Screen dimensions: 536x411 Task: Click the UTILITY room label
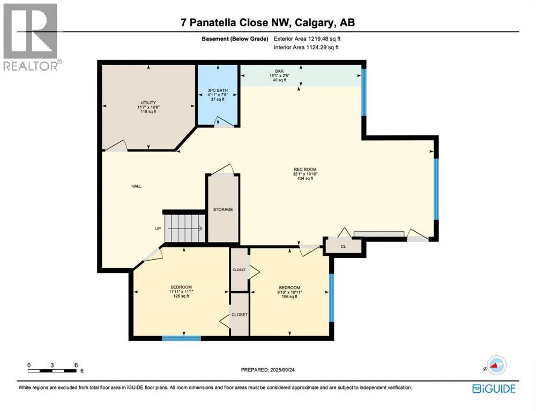(x=148, y=102)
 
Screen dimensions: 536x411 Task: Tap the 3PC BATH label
(x=218, y=90)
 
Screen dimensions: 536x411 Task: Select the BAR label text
(x=279, y=71)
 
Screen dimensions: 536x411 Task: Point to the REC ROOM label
(x=305, y=169)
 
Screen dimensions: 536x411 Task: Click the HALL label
(x=136, y=186)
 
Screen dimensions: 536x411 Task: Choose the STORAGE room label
(x=223, y=209)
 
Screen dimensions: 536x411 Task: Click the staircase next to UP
(x=184, y=228)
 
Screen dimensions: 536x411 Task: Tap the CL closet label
(x=343, y=247)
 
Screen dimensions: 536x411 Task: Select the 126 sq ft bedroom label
(x=181, y=287)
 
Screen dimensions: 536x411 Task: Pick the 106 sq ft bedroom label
(x=289, y=287)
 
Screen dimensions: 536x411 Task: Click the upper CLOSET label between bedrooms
(x=239, y=270)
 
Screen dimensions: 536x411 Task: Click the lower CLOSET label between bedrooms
(x=239, y=315)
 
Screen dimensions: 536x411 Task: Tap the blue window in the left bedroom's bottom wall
(x=181, y=338)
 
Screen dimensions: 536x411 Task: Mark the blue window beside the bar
(x=364, y=92)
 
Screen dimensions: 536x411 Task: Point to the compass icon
(x=496, y=366)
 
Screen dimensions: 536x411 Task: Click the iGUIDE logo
(x=494, y=389)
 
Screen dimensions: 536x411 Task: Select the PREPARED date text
(x=267, y=370)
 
